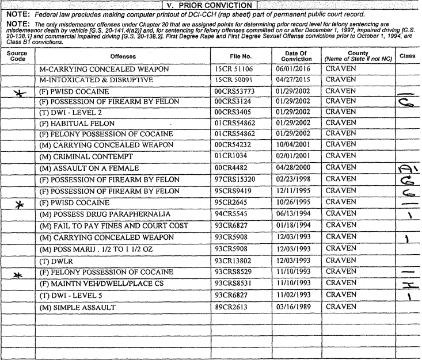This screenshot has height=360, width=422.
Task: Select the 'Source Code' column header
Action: pyautogui.click(x=17, y=56)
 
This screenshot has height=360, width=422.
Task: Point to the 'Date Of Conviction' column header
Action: pyautogui.click(x=297, y=56)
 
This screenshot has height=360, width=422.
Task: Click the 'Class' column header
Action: pyautogui.click(x=407, y=56)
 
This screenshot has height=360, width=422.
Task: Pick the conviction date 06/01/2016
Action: pyautogui.click(x=297, y=69)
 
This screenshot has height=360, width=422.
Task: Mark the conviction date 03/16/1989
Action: pyautogui.click(x=297, y=307)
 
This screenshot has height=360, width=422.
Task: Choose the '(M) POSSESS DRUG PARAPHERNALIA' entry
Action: pyautogui.click(x=105, y=215)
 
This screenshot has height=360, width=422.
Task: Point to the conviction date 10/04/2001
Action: pyautogui.click(x=297, y=146)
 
